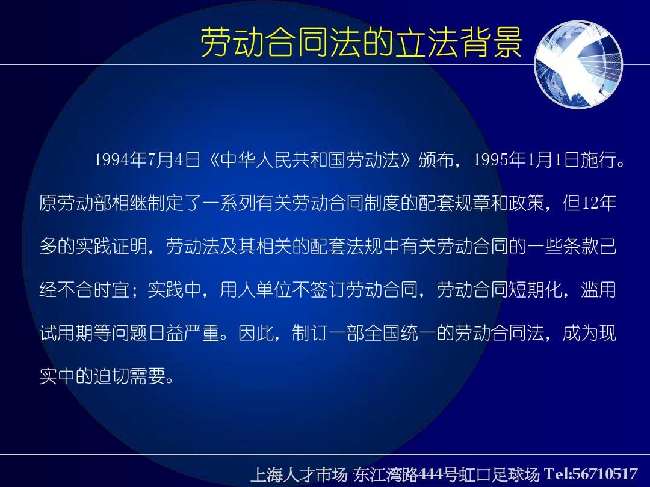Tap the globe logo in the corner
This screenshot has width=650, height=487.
[x=579, y=64]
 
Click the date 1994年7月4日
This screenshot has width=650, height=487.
[x=147, y=159]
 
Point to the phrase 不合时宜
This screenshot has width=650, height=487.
[x=93, y=289]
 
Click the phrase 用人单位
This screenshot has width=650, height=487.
[x=255, y=289]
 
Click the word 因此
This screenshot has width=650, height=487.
[x=256, y=333]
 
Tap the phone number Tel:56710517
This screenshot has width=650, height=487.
[x=591, y=474]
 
